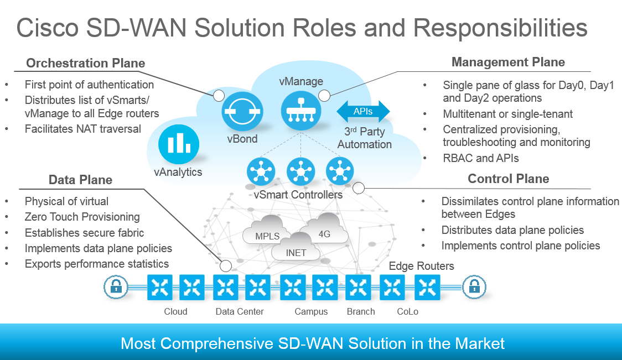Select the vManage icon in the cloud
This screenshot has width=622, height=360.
(301, 111)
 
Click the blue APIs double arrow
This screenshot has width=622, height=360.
(363, 111)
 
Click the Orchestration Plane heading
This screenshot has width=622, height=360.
(86, 64)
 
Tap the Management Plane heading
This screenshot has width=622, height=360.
(508, 62)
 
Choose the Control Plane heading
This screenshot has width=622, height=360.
(508, 179)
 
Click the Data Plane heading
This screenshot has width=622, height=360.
(80, 180)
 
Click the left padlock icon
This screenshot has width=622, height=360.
(115, 286)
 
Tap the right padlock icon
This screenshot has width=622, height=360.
(474, 286)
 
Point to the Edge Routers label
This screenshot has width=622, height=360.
(421, 266)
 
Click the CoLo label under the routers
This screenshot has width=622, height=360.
(407, 311)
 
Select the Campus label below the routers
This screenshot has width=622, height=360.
(311, 311)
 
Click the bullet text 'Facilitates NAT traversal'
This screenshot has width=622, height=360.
(83, 129)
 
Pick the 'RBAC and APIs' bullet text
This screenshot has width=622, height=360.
(481, 158)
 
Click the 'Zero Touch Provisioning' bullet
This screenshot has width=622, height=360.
(82, 217)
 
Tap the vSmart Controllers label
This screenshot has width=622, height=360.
(298, 195)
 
